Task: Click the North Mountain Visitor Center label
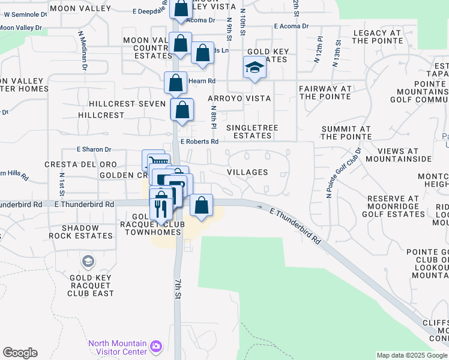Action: click(117, 347)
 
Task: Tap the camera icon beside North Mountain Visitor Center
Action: click(156, 346)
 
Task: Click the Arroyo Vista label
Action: click(239, 98)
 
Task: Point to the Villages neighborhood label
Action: click(247, 172)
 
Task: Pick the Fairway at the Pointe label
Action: click(325, 92)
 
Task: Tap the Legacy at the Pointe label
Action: click(378, 37)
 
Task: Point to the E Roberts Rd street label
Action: click(199, 142)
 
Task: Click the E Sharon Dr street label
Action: click(94, 149)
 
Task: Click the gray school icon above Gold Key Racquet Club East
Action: click(88, 262)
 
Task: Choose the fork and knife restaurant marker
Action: click(160, 207)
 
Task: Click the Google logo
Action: click(20, 353)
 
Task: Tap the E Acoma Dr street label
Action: click(291, 26)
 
